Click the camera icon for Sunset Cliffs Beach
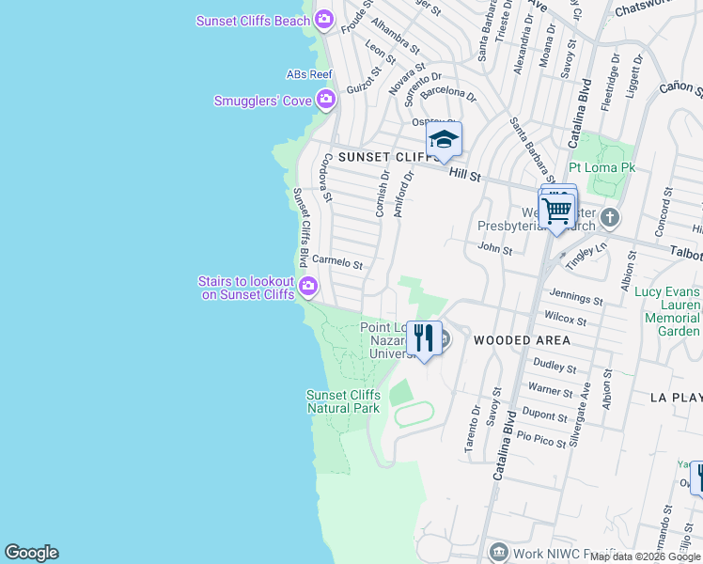click(x=325, y=19)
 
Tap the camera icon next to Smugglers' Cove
click(x=326, y=99)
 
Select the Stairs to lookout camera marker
click(x=307, y=286)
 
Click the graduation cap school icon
click(x=444, y=141)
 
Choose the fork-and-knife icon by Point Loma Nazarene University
click(x=424, y=337)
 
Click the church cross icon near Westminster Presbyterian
click(x=610, y=218)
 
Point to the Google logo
click(x=31, y=553)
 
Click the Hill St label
click(x=464, y=173)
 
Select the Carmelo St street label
click(x=336, y=262)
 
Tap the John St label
click(x=494, y=249)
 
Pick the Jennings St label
click(x=576, y=299)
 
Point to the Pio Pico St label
click(x=540, y=438)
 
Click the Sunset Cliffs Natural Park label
click(x=343, y=401)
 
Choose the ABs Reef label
click(x=309, y=73)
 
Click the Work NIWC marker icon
click(x=498, y=552)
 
